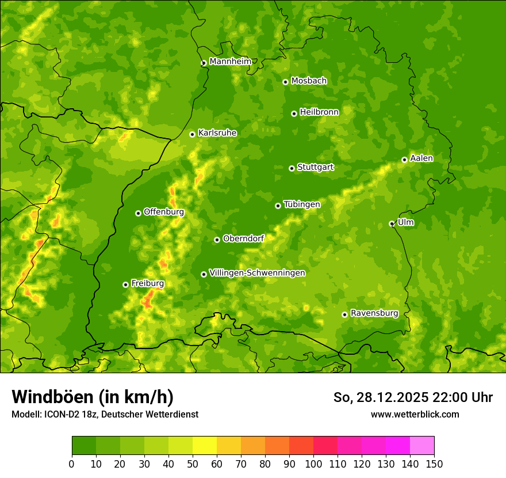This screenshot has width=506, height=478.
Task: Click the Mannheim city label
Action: point(230,62)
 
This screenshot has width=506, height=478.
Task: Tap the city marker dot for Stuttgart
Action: point(292,168)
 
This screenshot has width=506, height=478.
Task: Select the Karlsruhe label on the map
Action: point(217,133)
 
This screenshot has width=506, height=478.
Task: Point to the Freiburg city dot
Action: point(125,284)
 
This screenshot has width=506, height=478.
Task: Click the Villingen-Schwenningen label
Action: point(258,273)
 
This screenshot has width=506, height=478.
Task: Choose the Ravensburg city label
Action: point(374,313)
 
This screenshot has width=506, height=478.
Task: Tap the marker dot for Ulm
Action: point(392,223)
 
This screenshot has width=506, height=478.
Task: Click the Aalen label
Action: point(421,158)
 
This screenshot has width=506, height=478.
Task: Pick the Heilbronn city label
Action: point(319,112)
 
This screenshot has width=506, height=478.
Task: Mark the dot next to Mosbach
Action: point(285,82)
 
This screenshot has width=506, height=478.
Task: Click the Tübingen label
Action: point(302,204)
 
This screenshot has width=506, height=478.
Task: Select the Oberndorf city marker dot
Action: point(217,240)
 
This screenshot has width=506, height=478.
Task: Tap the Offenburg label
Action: point(164,212)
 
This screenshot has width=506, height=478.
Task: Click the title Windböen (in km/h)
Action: point(93,397)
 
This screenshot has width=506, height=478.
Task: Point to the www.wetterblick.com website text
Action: point(415,414)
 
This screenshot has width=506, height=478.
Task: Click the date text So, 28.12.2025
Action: point(380,397)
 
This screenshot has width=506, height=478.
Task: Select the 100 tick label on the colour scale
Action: point(313,464)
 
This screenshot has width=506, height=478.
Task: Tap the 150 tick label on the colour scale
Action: point(434,464)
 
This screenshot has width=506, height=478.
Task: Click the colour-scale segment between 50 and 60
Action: point(205,446)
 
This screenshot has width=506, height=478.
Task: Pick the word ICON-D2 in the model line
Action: point(60,414)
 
